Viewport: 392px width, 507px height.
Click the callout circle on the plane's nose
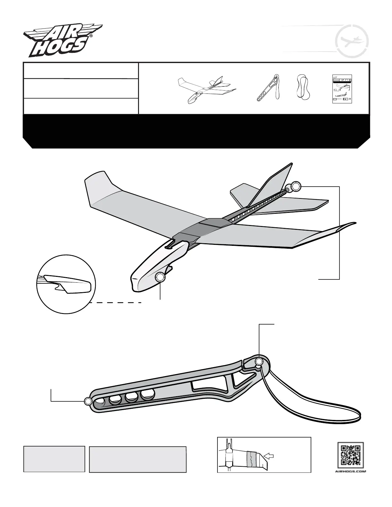coord(160,278)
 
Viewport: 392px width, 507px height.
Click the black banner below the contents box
coord(196,131)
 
